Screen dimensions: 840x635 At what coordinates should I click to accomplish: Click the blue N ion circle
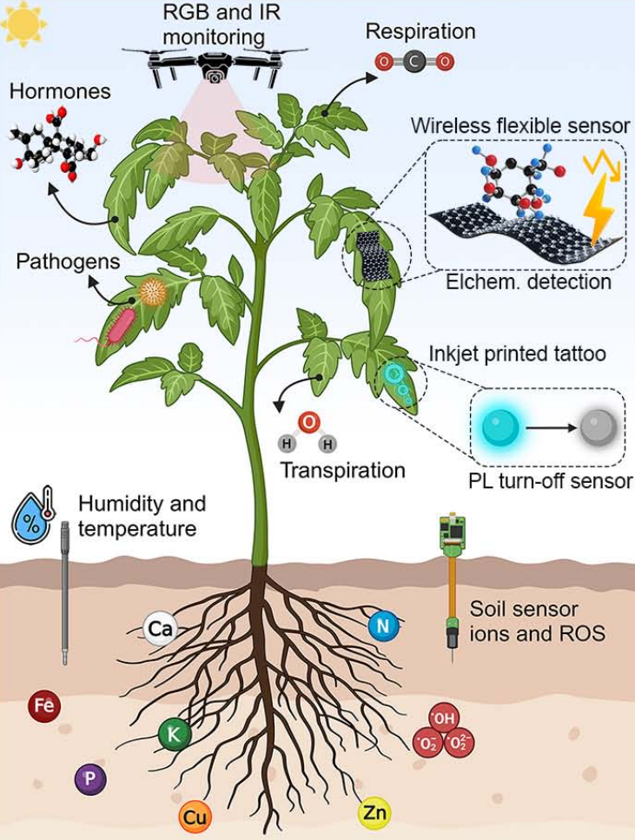click(x=382, y=625)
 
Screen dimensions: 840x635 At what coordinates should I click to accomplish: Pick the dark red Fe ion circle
click(x=43, y=706)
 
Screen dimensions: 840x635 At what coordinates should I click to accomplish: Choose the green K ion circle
click(x=174, y=735)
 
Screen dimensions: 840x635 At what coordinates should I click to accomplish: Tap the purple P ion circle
click(x=90, y=779)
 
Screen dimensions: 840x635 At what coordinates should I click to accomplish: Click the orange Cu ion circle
click(x=195, y=817)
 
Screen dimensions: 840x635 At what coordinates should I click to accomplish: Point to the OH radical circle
click(x=443, y=718)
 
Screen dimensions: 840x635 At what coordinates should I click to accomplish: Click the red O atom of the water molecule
click(x=308, y=423)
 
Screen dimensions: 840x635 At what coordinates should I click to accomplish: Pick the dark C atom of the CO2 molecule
click(x=414, y=62)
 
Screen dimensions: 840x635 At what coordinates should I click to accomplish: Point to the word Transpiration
click(x=342, y=471)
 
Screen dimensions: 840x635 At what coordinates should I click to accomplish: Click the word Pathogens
click(x=68, y=261)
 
